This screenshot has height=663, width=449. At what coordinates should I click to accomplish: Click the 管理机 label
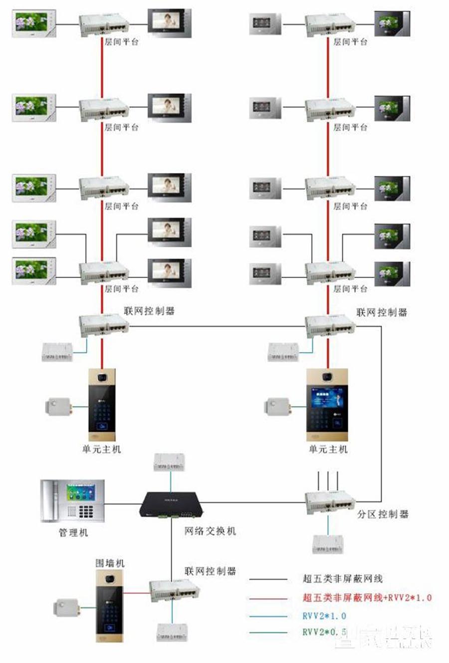point(73,533)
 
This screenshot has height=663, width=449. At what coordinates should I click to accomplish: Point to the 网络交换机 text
point(210,531)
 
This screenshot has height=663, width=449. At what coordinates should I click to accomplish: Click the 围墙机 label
point(110,563)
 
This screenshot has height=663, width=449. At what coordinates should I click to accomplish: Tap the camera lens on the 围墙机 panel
point(110,579)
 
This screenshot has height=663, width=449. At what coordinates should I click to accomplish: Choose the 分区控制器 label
point(383,514)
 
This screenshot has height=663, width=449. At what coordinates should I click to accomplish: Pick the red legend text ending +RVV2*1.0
point(367,597)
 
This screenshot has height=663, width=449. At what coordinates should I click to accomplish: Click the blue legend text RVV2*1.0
point(324,616)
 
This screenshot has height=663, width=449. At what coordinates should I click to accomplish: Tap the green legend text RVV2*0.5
point(324,632)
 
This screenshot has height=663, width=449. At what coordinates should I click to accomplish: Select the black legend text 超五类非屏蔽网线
point(342,579)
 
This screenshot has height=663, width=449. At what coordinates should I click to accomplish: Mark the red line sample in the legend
point(268,598)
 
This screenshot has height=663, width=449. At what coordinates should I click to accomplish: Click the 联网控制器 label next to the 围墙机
point(210,571)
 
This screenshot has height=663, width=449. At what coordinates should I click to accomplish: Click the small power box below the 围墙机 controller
point(172,632)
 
